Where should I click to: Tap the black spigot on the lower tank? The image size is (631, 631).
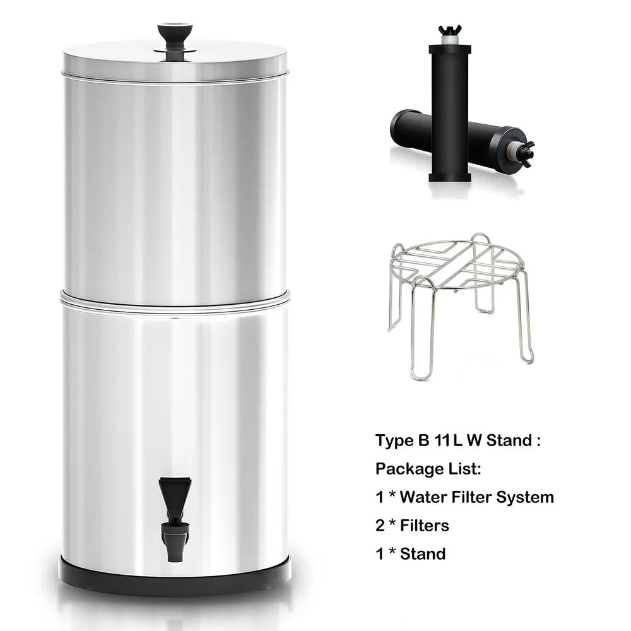tap(174, 517)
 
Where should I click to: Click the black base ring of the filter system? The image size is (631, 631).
tap(175, 574)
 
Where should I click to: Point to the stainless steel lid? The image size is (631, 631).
tap(175, 60)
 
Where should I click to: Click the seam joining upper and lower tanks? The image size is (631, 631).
tap(175, 295)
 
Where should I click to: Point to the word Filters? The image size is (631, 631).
tap(425, 525)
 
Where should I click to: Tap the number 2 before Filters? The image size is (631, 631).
tap(380, 525)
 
